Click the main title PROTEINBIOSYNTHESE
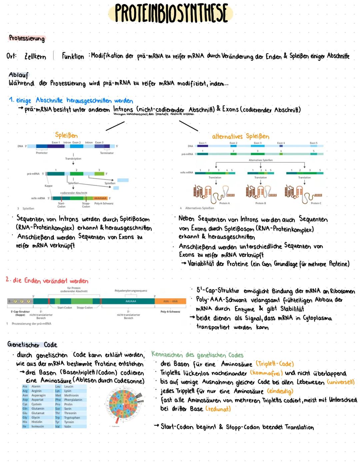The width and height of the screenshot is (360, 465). click(171, 13)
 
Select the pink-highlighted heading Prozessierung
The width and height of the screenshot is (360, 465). click(27, 38)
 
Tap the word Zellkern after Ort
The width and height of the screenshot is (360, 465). click(35, 57)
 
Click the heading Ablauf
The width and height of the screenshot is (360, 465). click(19, 75)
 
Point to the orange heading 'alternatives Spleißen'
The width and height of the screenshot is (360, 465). click(240, 136)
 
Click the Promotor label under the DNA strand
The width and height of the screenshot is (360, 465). click(42, 153)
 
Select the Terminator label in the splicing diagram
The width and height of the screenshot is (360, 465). click(107, 153)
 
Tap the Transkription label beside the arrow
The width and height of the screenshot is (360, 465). click(73, 159)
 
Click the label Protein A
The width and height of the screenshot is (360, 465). click(224, 203)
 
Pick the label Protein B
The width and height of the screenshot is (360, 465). click(260, 203)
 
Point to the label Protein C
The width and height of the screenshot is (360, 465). click(316, 203)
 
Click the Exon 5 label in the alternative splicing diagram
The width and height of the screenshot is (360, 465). click(313, 143)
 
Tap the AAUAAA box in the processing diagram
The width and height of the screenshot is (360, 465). click(130, 301)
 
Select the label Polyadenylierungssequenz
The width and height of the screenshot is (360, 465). click(131, 291)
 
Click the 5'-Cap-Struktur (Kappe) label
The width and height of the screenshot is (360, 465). click(20, 313)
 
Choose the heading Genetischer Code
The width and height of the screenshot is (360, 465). click(32, 345)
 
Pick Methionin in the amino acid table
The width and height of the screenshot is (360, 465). click(71, 395)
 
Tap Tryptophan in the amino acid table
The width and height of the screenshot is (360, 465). click(72, 417)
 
